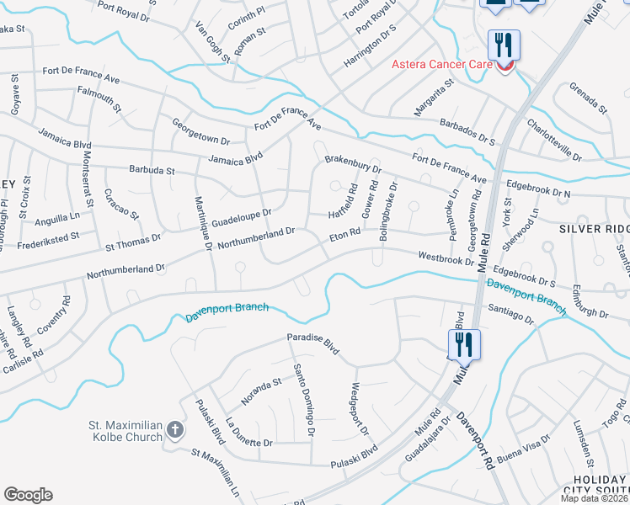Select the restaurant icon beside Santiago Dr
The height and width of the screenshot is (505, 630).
[463, 344]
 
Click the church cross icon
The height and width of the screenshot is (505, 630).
[175, 430]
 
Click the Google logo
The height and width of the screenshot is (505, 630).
[28, 495]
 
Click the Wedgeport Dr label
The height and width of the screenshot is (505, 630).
[360, 409]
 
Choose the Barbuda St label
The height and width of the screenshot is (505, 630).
[152, 170]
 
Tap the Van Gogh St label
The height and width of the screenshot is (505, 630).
[212, 43]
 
